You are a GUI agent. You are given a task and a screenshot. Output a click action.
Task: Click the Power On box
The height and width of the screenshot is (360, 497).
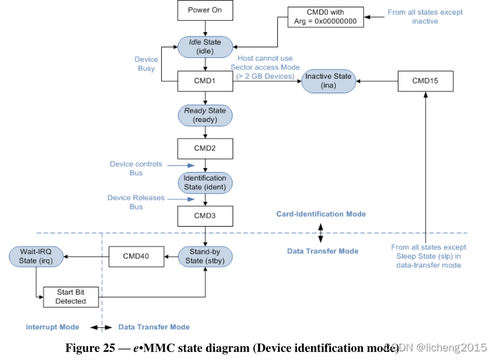point(205,11)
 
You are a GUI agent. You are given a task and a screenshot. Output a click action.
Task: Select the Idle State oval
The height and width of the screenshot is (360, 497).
point(205,47)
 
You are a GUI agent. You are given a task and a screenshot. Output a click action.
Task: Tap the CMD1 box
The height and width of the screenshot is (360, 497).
point(205,81)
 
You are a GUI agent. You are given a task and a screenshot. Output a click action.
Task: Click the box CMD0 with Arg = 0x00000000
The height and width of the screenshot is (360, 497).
point(326,17)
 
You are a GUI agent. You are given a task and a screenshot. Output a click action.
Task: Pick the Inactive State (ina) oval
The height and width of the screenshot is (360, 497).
point(328,81)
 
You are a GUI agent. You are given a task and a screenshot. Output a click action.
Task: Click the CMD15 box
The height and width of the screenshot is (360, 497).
point(425,81)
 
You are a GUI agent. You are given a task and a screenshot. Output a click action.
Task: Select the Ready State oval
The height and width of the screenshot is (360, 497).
point(205,115)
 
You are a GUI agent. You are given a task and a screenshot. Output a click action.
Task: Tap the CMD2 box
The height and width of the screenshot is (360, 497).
point(205,148)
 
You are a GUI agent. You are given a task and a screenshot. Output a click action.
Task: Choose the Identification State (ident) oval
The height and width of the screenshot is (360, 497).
point(205,183)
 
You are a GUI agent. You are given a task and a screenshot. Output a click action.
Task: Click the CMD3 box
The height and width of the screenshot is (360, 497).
point(205,216)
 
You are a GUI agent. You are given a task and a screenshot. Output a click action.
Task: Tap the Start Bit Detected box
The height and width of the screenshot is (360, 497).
point(71,297)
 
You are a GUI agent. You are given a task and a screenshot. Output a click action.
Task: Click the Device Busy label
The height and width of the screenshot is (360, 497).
point(146,64)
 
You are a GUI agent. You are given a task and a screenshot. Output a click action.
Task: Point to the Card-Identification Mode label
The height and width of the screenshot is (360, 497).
point(320,214)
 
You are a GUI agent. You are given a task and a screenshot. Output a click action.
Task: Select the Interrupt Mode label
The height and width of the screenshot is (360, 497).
point(53,327)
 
